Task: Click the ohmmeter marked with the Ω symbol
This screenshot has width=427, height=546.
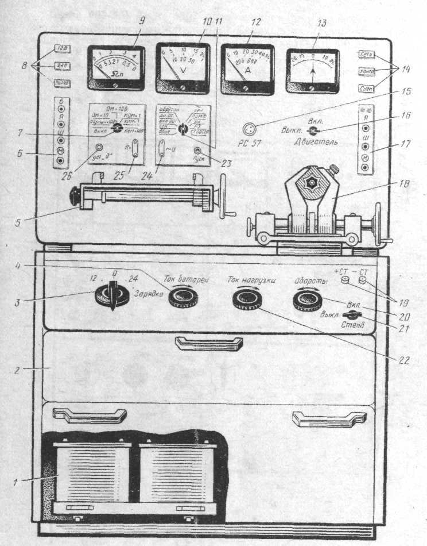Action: click(x=116, y=68)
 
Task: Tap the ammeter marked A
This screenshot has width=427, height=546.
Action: click(x=247, y=68)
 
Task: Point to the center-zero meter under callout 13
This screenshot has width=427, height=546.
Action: click(x=313, y=68)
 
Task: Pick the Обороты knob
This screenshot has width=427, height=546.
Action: click(x=307, y=299)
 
